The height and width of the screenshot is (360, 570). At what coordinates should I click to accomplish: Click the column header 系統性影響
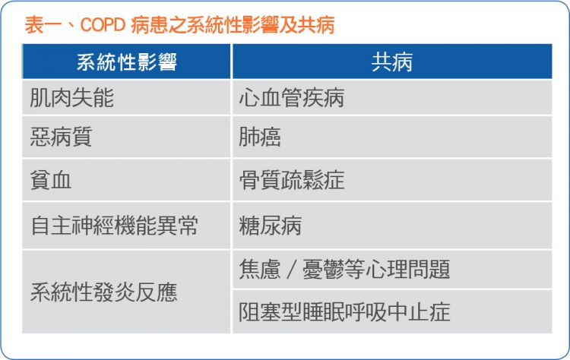point(126,62)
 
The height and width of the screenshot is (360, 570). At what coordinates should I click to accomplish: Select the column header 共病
point(392,62)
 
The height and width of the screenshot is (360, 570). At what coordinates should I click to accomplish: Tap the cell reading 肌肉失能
point(126,97)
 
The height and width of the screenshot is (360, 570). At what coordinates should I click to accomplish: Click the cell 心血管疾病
point(392,97)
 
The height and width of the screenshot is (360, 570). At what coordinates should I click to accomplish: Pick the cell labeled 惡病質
point(126,137)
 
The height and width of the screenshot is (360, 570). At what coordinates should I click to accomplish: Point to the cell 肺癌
point(392,137)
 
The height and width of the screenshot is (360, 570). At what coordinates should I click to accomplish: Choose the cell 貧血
point(126,180)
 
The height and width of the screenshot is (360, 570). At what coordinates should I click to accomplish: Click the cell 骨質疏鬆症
point(392,180)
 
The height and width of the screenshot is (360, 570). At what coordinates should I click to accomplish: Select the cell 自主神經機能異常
point(126,226)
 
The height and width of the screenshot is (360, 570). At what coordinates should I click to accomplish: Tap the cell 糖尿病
point(392,226)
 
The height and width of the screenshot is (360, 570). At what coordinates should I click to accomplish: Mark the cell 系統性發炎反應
point(126,292)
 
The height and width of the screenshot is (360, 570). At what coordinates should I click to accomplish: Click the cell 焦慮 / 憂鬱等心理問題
point(392,269)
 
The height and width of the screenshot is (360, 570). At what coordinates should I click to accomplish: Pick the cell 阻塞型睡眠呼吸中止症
point(392,311)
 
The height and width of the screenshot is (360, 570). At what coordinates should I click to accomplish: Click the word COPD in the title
point(103,25)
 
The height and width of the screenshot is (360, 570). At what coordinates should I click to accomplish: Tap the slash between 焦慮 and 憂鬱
point(291,270)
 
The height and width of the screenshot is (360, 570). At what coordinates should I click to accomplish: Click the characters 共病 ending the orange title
point(315,25)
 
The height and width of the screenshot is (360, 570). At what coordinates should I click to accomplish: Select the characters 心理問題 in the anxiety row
point(408,269)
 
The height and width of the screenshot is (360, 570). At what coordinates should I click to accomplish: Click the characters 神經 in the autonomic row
point(93,226)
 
